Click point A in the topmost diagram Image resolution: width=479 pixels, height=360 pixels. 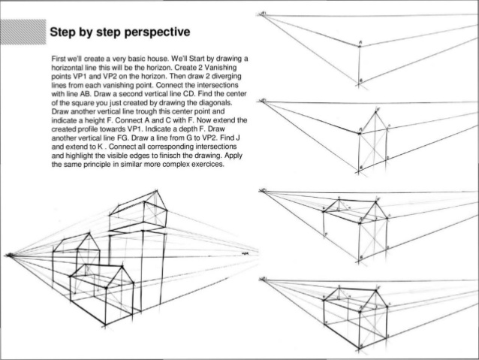point(360,46)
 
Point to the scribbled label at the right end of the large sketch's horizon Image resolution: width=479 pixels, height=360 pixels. point(244,256)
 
